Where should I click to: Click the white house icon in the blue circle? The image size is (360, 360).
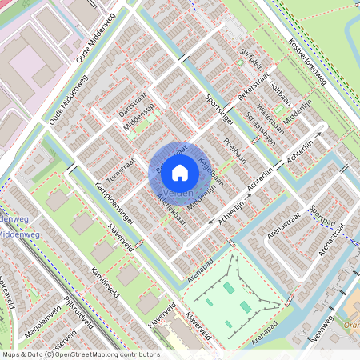pyautogui.click(x=180, y=172)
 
